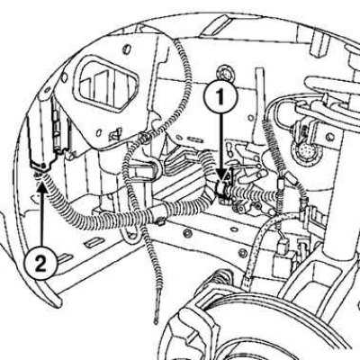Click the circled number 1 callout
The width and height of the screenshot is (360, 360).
click(220, 96)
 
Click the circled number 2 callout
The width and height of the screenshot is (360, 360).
click(40, 264)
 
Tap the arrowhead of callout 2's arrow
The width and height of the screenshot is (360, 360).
click(42, 187)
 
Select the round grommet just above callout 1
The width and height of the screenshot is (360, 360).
click(225, 73)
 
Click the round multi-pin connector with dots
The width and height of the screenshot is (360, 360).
click(305, 151)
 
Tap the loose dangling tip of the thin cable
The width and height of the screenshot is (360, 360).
click(156, 321)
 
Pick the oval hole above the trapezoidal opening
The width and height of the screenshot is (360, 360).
click(127, 49)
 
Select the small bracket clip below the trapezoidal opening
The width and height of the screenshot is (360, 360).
click(116, 133)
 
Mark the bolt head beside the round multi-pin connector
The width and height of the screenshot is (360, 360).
click(329, 137)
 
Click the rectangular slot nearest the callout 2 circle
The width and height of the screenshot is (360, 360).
click(65, 257)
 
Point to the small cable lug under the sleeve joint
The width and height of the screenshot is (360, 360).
click(160, 222)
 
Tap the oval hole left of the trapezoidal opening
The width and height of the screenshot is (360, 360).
click(64, 77)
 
